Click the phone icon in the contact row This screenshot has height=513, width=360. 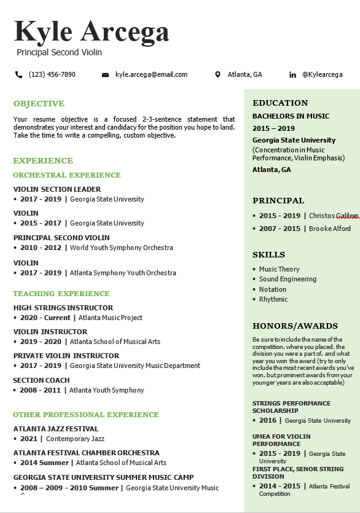(18, 75)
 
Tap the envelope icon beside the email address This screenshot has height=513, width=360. (105, 75)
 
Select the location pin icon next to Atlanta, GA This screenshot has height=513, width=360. (217, 75)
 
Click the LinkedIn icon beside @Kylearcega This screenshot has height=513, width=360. (292, 75)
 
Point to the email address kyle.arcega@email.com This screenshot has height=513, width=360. (151, 74)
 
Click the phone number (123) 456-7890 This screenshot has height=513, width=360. (52, 74)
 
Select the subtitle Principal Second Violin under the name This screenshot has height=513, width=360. (59, 53)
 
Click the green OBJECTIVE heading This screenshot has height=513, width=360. (39, 104)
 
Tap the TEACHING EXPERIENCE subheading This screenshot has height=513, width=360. (61, 294)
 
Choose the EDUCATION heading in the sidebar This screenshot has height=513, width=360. (280, 103)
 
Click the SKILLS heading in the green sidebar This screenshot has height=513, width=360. (268, 254)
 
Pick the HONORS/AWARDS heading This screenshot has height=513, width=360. (295, 326)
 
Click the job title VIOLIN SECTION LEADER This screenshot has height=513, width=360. (57, 189)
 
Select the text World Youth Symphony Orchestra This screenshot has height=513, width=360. (122, 248)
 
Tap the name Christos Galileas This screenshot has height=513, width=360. (334, 216)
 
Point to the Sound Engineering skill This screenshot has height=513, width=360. (288, 279)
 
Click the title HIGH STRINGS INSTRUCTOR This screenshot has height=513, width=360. (63, 308)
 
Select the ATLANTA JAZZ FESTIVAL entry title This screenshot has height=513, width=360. (56, 429)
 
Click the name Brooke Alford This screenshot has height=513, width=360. (330, 229)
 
